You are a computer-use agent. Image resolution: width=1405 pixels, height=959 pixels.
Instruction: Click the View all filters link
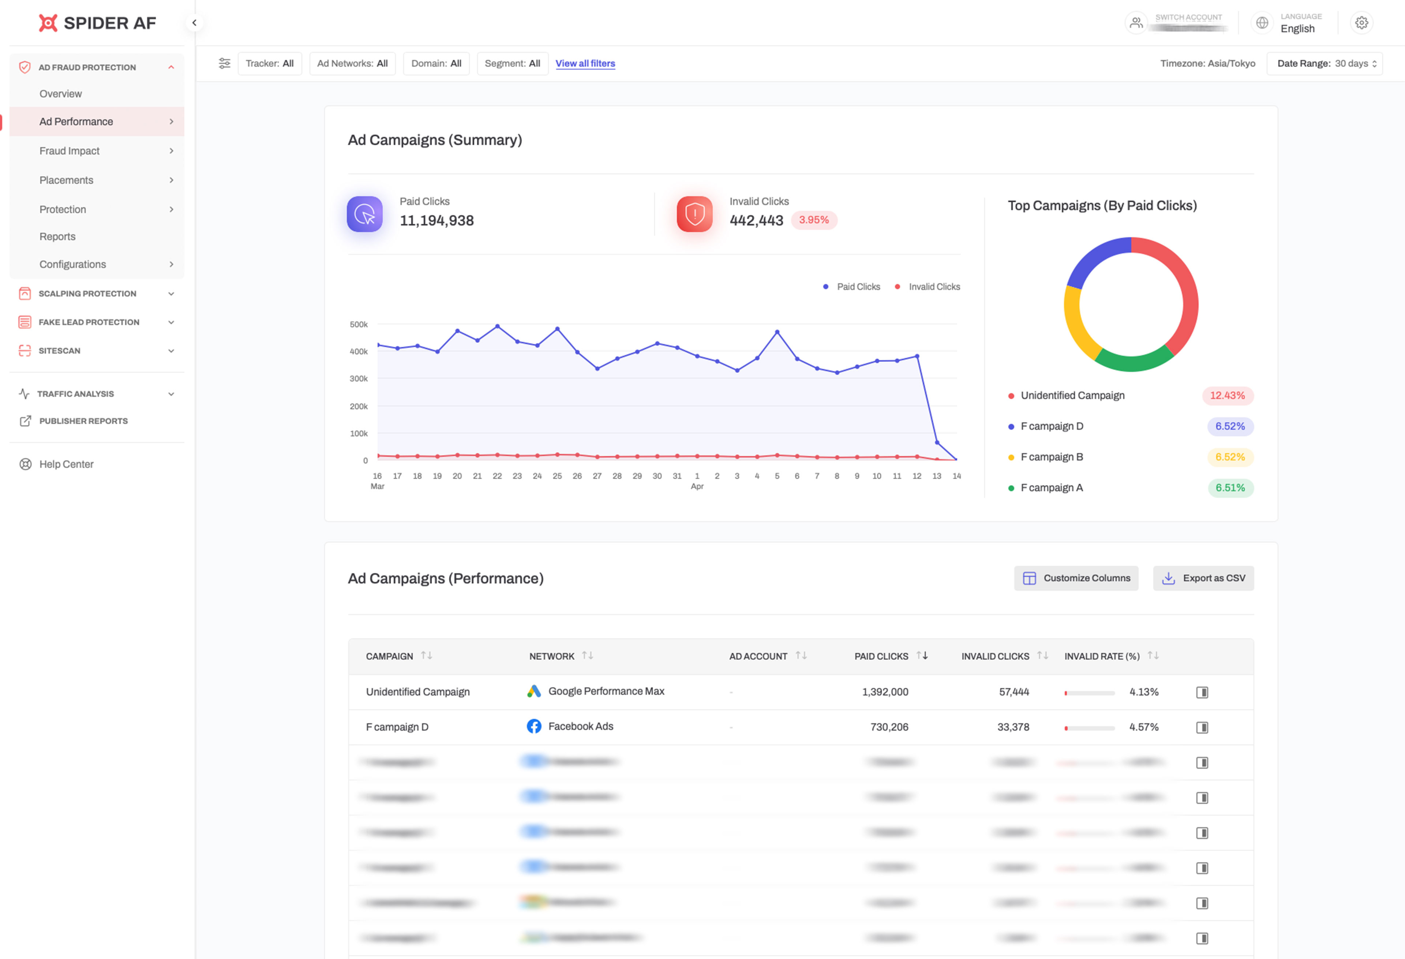585,63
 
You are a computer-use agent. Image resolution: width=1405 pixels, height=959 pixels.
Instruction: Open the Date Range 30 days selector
1324,63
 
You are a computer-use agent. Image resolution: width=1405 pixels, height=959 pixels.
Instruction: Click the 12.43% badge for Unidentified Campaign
1227,395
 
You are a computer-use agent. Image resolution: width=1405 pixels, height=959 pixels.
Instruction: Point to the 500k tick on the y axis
359,325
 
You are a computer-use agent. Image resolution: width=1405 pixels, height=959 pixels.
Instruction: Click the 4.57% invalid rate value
1143,727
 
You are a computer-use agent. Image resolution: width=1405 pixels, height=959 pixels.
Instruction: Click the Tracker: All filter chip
270,63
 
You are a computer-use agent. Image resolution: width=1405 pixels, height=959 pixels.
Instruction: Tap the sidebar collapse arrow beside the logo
194,23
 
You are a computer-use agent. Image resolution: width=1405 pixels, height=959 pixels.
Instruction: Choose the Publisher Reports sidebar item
83,421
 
